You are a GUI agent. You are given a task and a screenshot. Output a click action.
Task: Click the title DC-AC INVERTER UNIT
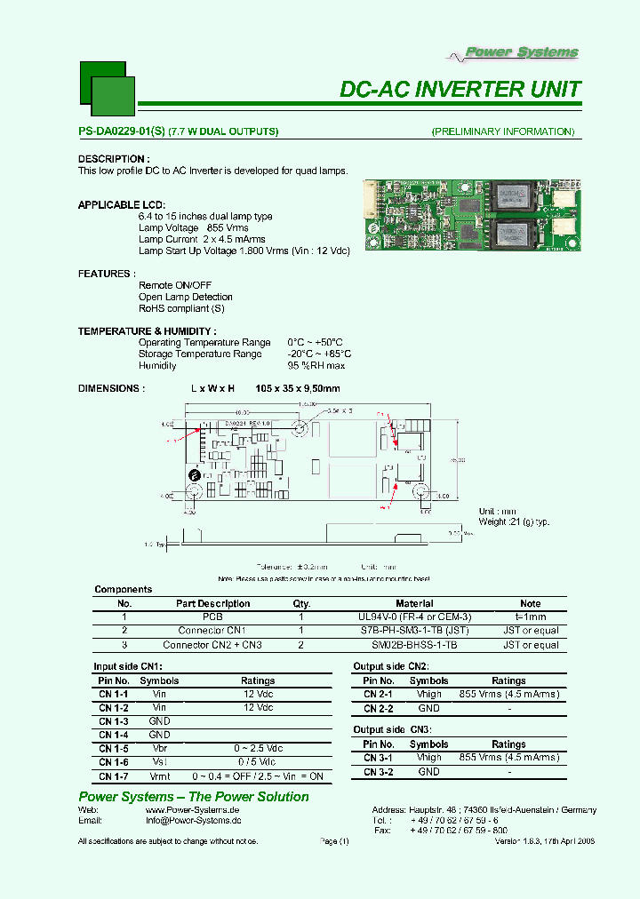pyautogui.click(x=460, y=90)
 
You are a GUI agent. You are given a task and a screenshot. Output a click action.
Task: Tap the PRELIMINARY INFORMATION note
pyautogui.click(x=503, y=131)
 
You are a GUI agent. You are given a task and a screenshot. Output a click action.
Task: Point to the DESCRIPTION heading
pyautogui.click(x=113, y=159)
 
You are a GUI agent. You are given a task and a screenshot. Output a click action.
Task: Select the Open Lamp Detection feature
pyautogui.click(x=185, y=297)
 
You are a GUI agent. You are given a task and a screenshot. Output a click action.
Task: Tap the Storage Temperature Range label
pyautogui.click(x=200, y=354)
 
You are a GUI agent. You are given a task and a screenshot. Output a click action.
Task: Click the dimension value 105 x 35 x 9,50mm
pyautogui.click(x=297, y=388)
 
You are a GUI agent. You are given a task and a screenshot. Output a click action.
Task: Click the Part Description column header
pyautogui.click(x=212, y=603)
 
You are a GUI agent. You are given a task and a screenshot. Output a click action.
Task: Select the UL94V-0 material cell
pyautogui.click(x=414, y=617)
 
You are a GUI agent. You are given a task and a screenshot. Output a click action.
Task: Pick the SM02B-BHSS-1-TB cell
pyautogui.click(x=414, y=645)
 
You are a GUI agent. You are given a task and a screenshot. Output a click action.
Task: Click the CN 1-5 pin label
pyautogui.click(x=113, y=748)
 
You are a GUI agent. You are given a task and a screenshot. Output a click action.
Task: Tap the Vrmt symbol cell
pyautogui.click(x=160, y=776)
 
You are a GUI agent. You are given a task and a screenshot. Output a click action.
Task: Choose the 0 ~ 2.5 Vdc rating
pyautogui.click(x=258, y=748)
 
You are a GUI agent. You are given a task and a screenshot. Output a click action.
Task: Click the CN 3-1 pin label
pyautogui.click(x=379, y=758)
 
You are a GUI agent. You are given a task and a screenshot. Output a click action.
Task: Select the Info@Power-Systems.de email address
pyautogui.click(x=193, y=822)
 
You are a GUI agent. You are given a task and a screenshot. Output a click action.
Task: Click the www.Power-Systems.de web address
pyautogui.click(x=193, y=810)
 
